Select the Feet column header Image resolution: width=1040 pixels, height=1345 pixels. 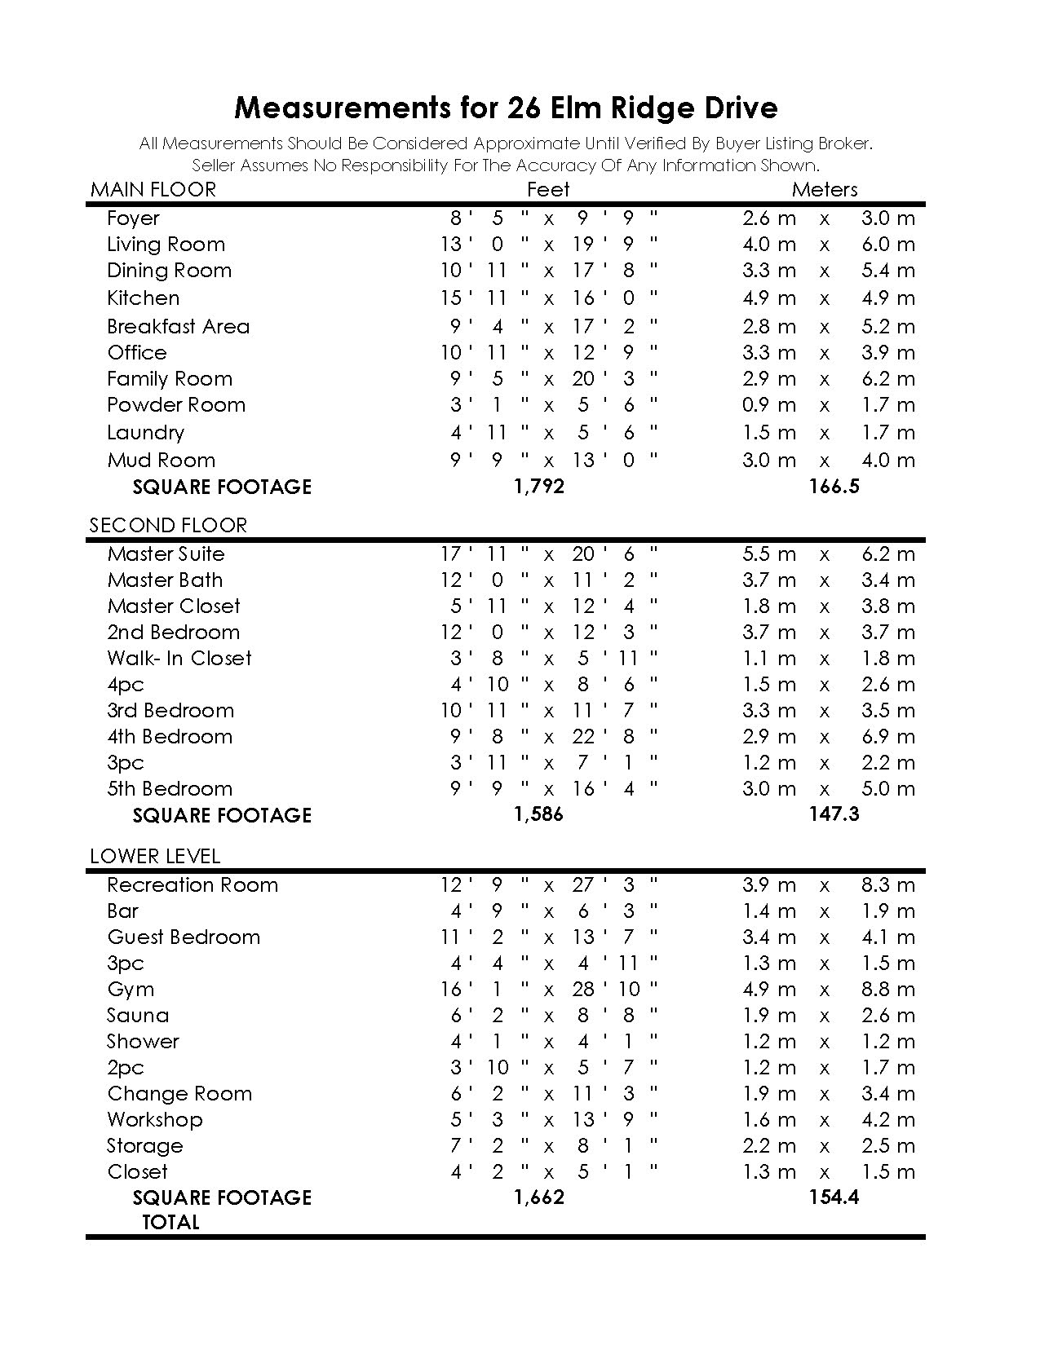[x=548, y=190]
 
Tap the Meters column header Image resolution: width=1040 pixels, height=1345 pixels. [x=825, y=190]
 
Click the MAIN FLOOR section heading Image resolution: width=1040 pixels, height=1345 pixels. [x=153, y=190]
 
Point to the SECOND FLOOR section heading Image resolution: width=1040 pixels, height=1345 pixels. [x=168, y=525]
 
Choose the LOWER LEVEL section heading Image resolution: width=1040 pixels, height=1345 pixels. [x=155, y=856]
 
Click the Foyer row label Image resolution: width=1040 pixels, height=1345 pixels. [x=133, y=218]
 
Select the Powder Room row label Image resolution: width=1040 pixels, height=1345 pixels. [x=176, y=405]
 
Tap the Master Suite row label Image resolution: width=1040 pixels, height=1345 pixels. [x=166, y=554]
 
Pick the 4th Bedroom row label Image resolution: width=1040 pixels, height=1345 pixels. [x=170, y=737]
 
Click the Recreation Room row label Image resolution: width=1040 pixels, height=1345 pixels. [x=193, y=885]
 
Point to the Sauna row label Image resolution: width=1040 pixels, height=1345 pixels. [x=138, y=1016]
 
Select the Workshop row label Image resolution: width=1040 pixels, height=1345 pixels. [x=155, y=1120]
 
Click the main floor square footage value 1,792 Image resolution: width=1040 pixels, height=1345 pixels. [x=539, y=487]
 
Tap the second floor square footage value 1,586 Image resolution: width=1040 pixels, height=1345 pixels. [x=538, y=814]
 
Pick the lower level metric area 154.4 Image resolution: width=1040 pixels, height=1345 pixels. [x=834, y=1197]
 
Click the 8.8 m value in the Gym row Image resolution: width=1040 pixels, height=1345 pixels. [x=888, y=990]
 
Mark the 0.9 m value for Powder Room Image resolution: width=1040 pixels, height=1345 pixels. [x=768, y=405]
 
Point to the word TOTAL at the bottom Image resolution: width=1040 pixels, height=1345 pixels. [x=170, y=1222]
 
